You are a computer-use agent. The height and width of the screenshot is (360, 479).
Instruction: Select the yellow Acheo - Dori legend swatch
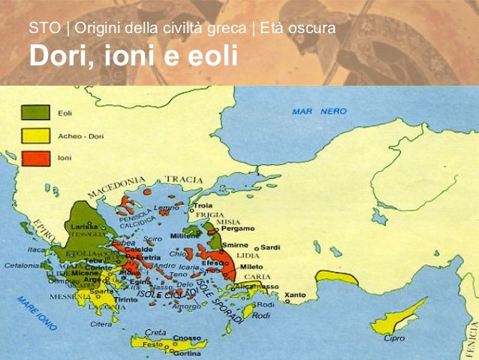(32, 136)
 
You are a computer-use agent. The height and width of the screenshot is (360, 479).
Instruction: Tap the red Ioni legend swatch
(32, 159)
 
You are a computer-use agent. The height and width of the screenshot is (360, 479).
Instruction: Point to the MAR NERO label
(319, 111)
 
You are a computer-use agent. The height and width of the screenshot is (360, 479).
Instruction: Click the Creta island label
(155, 331)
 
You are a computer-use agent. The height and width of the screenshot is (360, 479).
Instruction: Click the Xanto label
(296, 294)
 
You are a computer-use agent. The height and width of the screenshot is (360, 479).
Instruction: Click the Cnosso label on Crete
(187, 337)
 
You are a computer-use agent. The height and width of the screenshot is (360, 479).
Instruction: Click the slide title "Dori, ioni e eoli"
(133, 56)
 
